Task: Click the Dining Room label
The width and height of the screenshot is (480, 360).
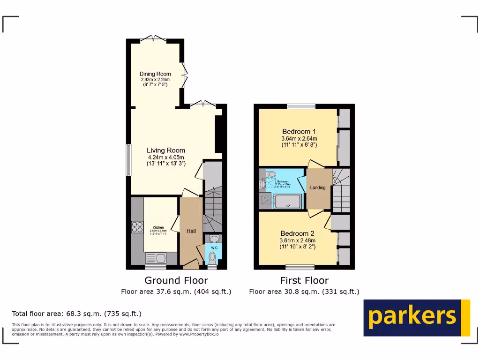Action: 155,74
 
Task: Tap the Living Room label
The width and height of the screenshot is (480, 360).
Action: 165,150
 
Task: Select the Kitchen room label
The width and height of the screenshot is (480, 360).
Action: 158,227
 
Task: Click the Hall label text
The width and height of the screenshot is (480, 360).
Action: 191,231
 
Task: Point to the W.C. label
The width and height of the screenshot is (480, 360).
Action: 214,247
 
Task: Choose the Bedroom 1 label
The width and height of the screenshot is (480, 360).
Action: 299,131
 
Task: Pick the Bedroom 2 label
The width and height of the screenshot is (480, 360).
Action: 297,233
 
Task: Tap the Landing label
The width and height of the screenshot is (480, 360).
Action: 318,188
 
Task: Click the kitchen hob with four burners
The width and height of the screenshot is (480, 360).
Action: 137,227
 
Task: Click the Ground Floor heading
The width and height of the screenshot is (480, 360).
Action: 176,280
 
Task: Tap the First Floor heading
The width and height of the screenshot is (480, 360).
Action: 304,280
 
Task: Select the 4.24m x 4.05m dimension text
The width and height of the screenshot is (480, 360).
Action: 165,157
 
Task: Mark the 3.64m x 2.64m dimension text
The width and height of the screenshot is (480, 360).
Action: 299,139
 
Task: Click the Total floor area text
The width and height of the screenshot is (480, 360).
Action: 76,314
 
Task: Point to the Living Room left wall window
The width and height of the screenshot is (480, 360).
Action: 128,160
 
